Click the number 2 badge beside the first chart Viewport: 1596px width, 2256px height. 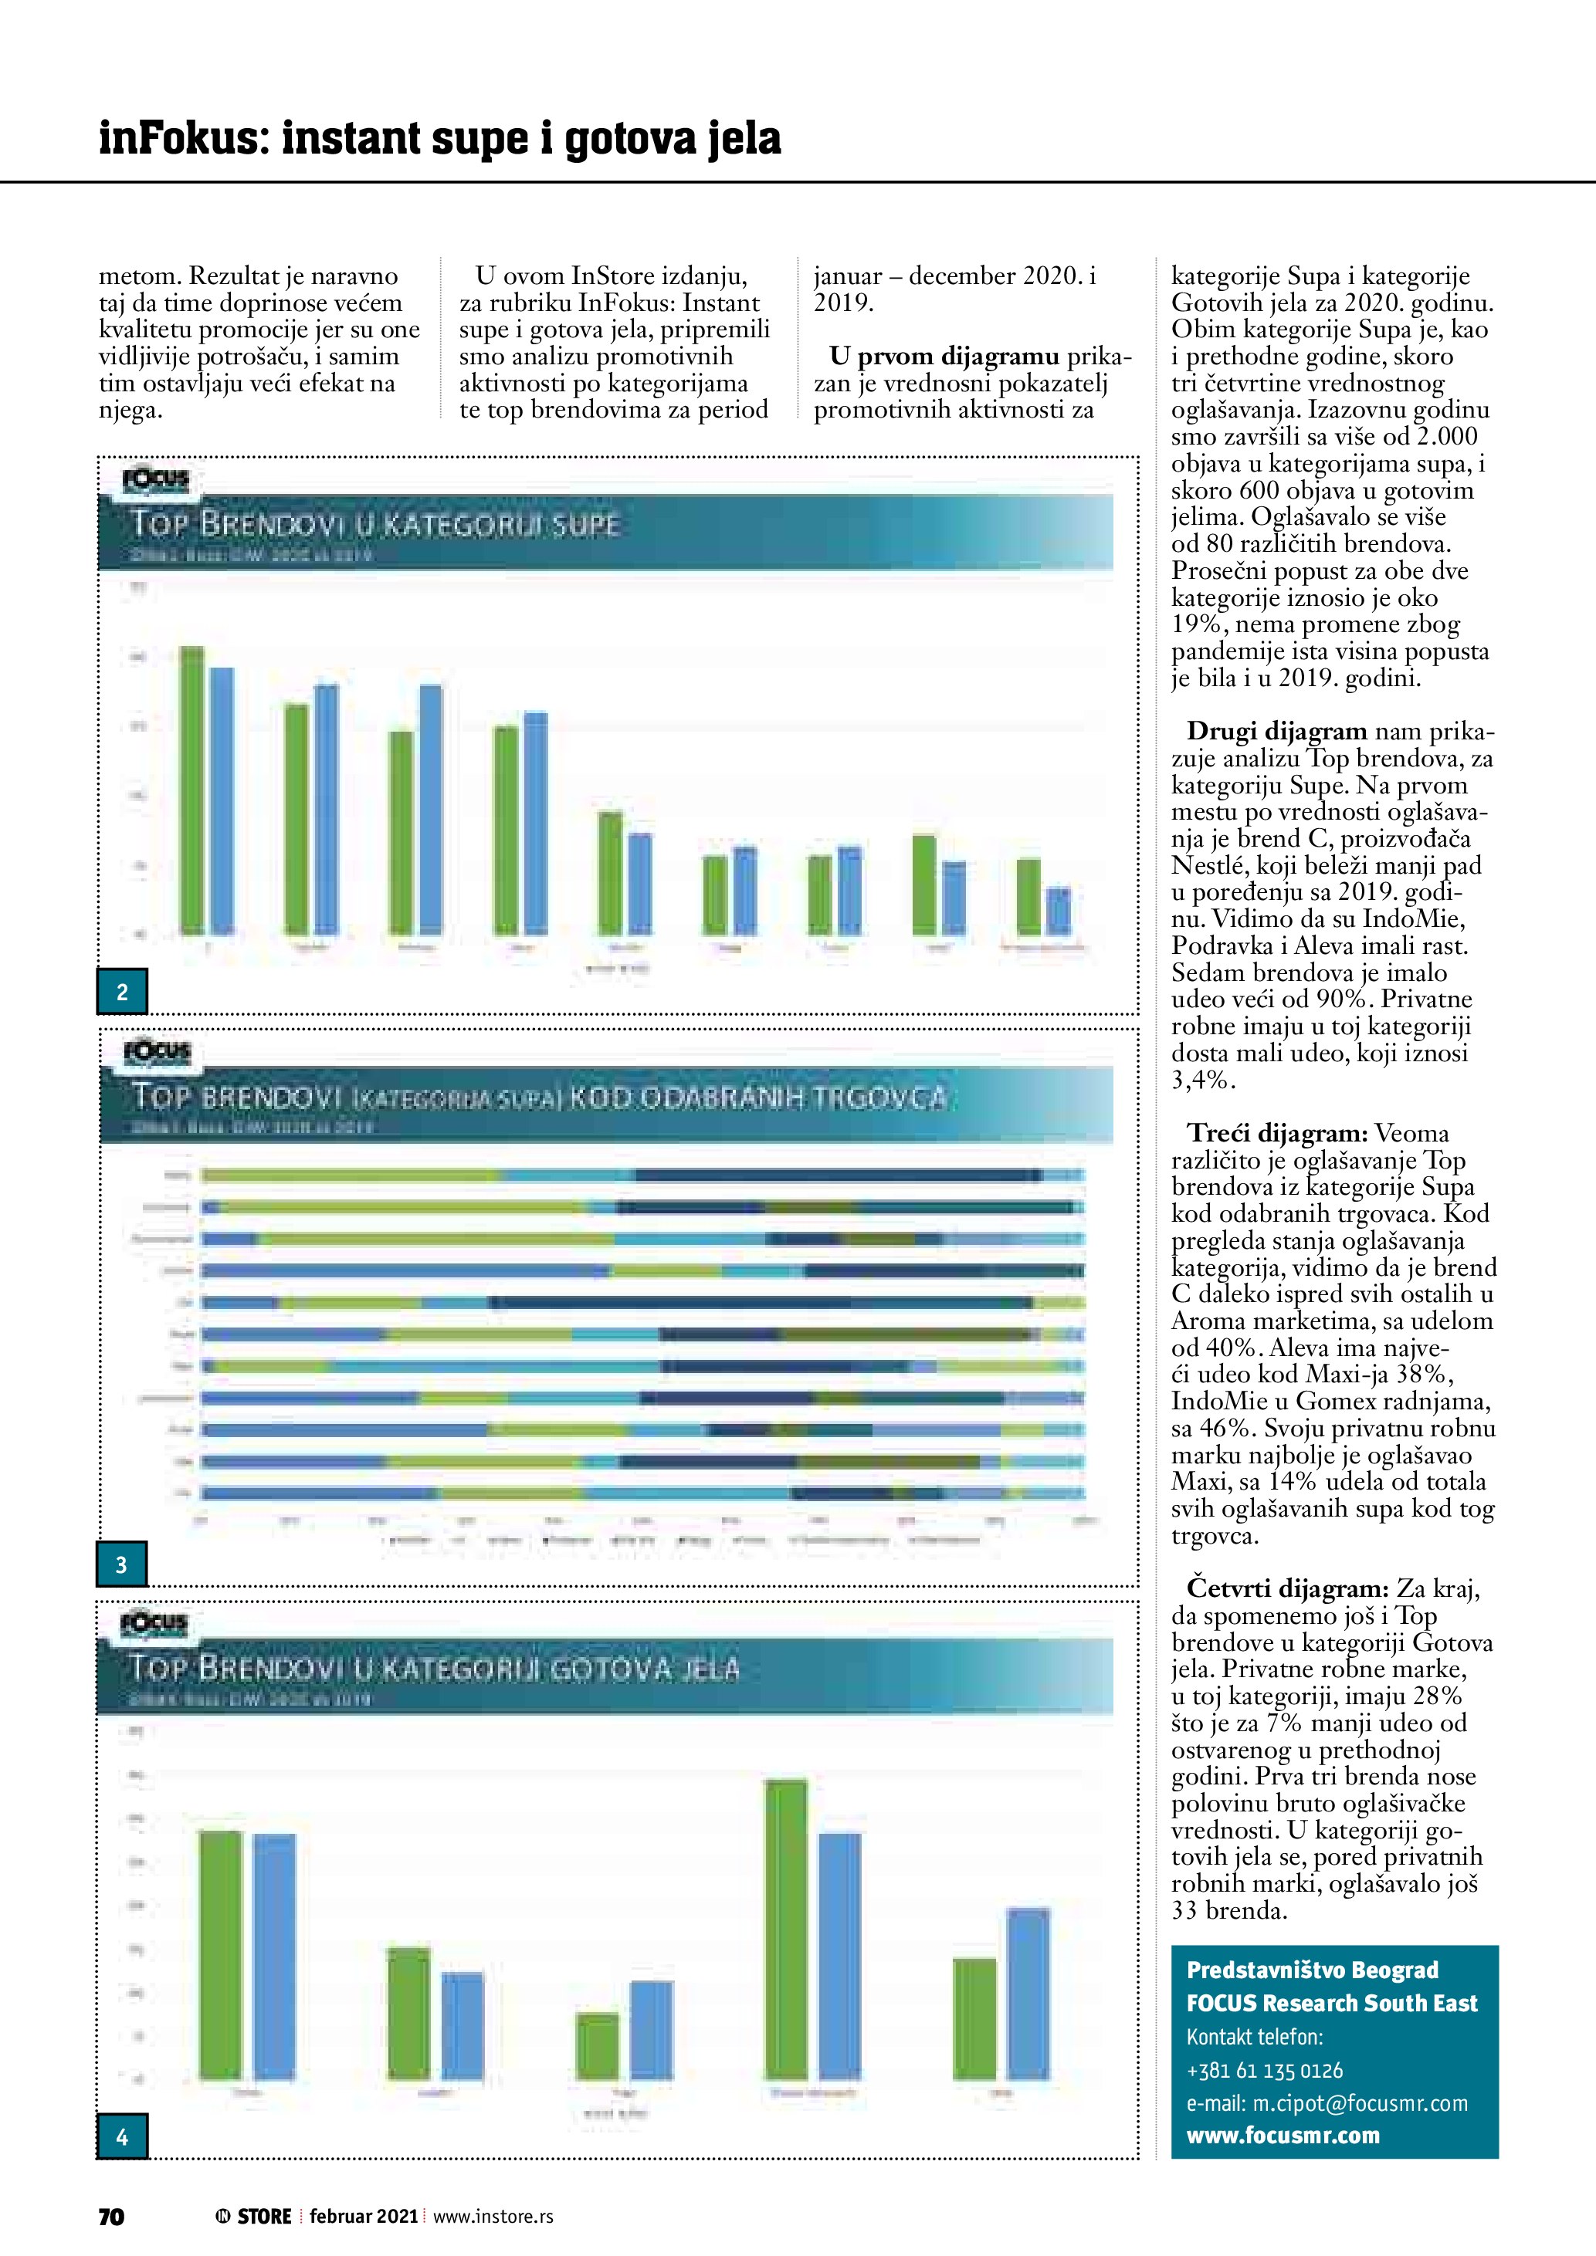point(122,992)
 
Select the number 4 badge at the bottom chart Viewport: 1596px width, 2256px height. point(122,2136)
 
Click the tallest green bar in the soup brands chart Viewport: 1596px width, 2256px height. point(191,789)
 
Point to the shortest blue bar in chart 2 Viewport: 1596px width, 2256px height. point(1059,910)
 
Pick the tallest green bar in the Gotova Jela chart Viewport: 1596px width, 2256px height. point(786,1929)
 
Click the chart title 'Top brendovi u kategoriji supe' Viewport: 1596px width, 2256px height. point(375,525)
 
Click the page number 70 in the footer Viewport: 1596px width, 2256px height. point(111,2217)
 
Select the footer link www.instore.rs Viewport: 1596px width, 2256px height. point(493,2217)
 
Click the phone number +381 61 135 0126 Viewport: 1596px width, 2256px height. point(1265,2070)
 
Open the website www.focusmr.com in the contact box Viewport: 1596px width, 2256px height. point(1283,2135)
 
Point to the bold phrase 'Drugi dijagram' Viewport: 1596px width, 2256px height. point(1276,731)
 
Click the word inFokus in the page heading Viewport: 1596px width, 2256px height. point(181,139)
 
